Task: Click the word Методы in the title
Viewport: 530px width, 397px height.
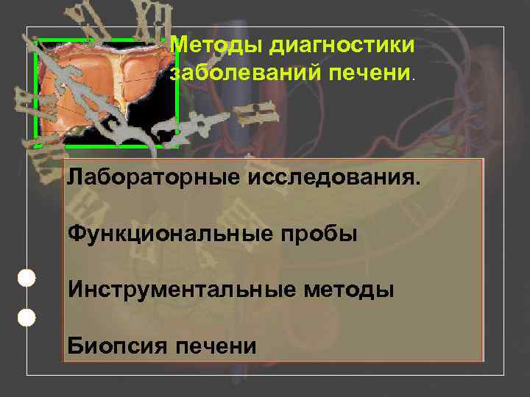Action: tap(217, 46)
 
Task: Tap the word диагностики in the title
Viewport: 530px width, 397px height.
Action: tap(342, 46)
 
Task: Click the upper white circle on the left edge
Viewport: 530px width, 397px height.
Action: tap(26, 278)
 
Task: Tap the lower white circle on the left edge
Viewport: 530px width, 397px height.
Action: tap(26, 318)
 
